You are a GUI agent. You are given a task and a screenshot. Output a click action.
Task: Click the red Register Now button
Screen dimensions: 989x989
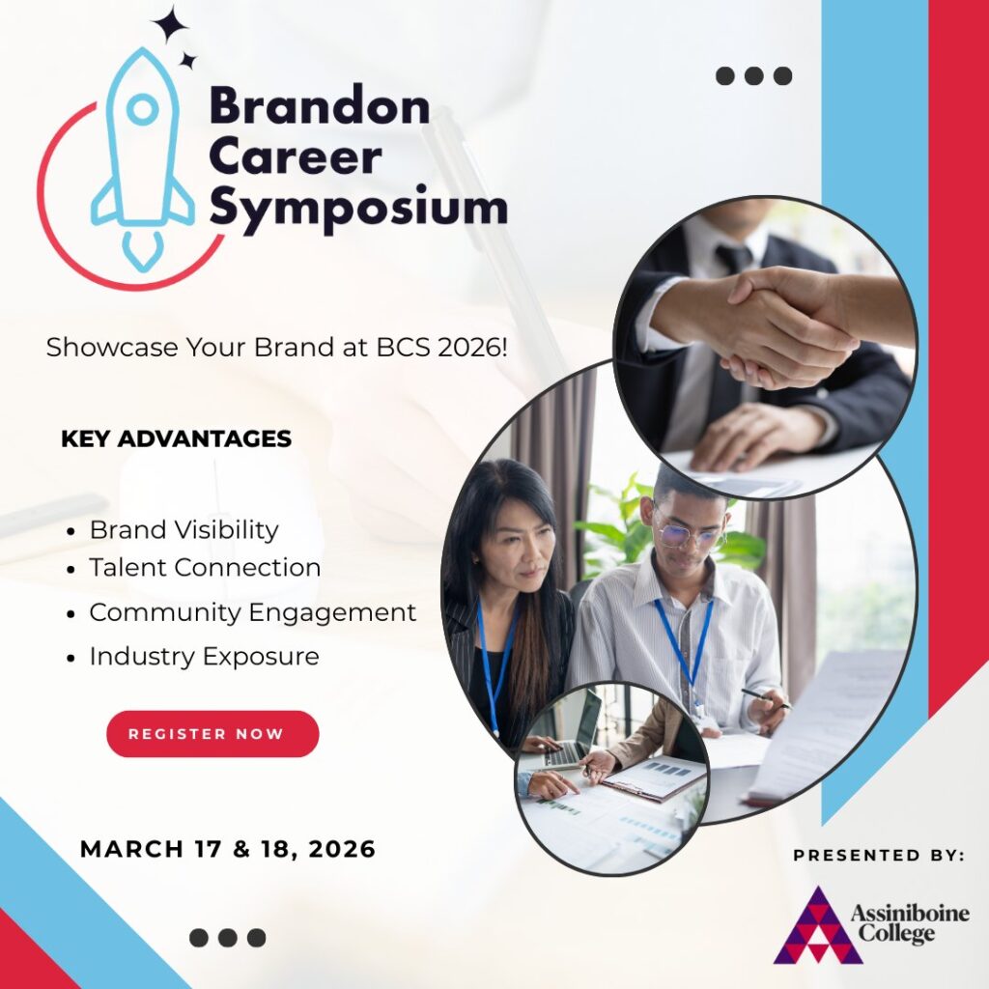tap(212, 734)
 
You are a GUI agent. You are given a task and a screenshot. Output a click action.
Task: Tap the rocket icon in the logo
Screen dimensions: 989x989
tap(143, 157)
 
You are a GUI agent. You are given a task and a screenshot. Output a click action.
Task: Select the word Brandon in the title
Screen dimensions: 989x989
tap(320, 105)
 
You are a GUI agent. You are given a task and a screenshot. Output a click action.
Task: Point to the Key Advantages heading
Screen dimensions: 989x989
tap(176, 439)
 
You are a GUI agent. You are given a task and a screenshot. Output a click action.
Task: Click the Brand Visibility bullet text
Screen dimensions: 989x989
tap(184, 530)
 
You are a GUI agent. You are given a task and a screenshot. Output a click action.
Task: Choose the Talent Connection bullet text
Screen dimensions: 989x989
tap(205, 567)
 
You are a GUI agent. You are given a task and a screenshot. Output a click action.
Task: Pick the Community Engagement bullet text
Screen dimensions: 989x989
tap(253, 612)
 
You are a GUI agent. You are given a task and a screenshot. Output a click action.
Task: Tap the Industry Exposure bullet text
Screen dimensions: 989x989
tap(205, 656)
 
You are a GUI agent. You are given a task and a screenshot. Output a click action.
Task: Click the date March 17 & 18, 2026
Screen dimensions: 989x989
tap(228, 849)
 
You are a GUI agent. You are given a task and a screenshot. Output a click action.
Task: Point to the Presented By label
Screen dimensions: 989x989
tap(879, 856)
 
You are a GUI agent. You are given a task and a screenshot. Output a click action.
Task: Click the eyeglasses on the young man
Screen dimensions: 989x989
tap(690, 533)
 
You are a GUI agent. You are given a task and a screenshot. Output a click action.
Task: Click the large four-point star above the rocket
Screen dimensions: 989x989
tap(170, 24)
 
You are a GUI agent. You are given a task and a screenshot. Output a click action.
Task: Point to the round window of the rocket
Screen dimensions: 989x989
tap(143, 109)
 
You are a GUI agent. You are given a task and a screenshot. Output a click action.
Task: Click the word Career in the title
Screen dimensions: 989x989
tap(296, 157)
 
